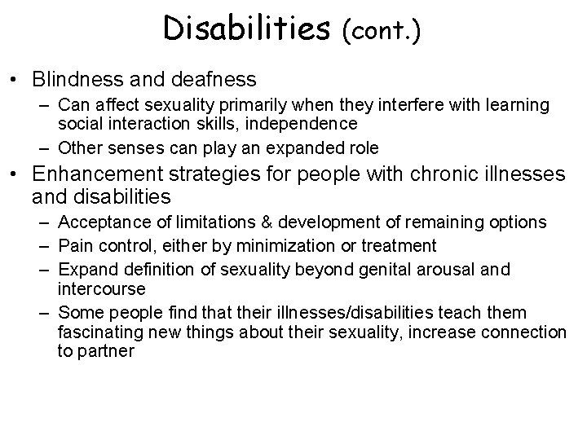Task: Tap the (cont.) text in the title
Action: tap(382, 30)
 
